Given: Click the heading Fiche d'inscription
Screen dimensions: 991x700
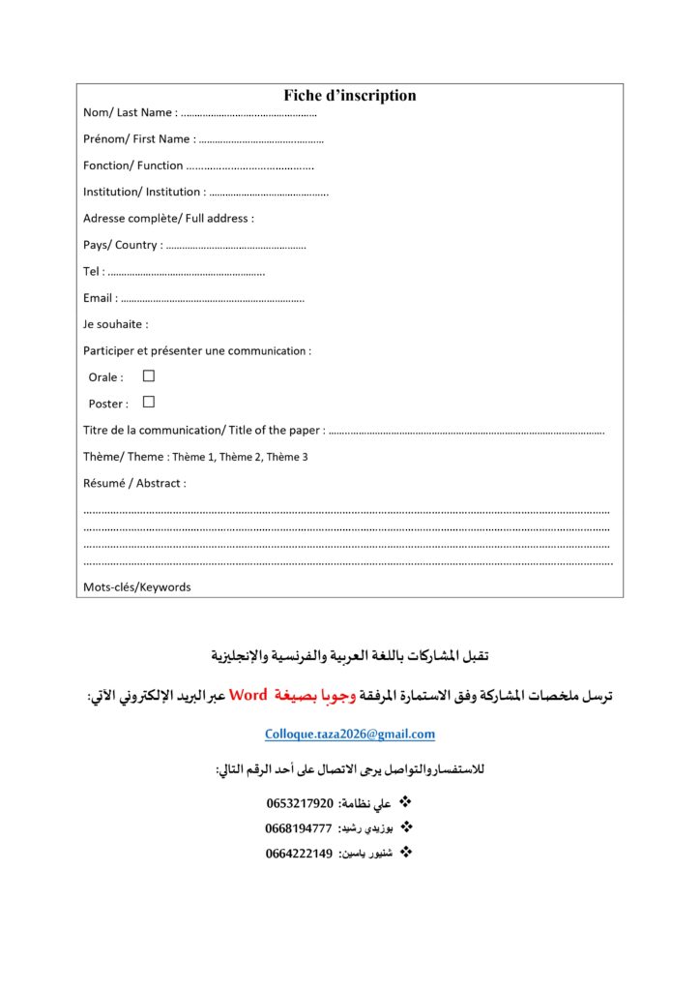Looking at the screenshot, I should [x=350, y=95].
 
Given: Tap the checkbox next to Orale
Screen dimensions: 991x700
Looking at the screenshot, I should [x=149, y=375].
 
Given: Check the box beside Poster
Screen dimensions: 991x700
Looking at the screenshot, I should [x=149, y=402].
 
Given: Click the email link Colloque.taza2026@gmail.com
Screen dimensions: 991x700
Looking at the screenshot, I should [x=350, y=735].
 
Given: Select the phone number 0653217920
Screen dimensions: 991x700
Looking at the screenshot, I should [x=300, y=803].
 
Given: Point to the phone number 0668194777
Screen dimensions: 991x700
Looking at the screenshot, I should [x=299, y=828].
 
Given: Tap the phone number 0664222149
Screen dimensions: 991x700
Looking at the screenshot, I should [x=299, y=854].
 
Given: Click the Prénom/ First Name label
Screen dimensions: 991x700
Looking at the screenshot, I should [x=136, y=138].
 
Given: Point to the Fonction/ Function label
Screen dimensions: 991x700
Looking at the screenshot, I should [x=132, y=165].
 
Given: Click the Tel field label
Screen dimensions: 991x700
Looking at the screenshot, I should [x=93, y=271].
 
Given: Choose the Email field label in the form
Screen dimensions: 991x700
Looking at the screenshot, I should [x=100, y=298].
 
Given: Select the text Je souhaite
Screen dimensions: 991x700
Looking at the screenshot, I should [x=115, y=324].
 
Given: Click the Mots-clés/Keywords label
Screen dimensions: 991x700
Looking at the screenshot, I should [x=136, y=586].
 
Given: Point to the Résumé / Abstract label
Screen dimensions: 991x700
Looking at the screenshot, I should [x=134, y=483].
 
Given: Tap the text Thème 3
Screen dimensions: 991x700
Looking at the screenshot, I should [x=287, y=457].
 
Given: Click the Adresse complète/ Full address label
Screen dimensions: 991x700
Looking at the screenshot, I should [x=168, y=219].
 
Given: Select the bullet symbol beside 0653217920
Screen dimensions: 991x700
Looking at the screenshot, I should [x=406, y=802].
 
